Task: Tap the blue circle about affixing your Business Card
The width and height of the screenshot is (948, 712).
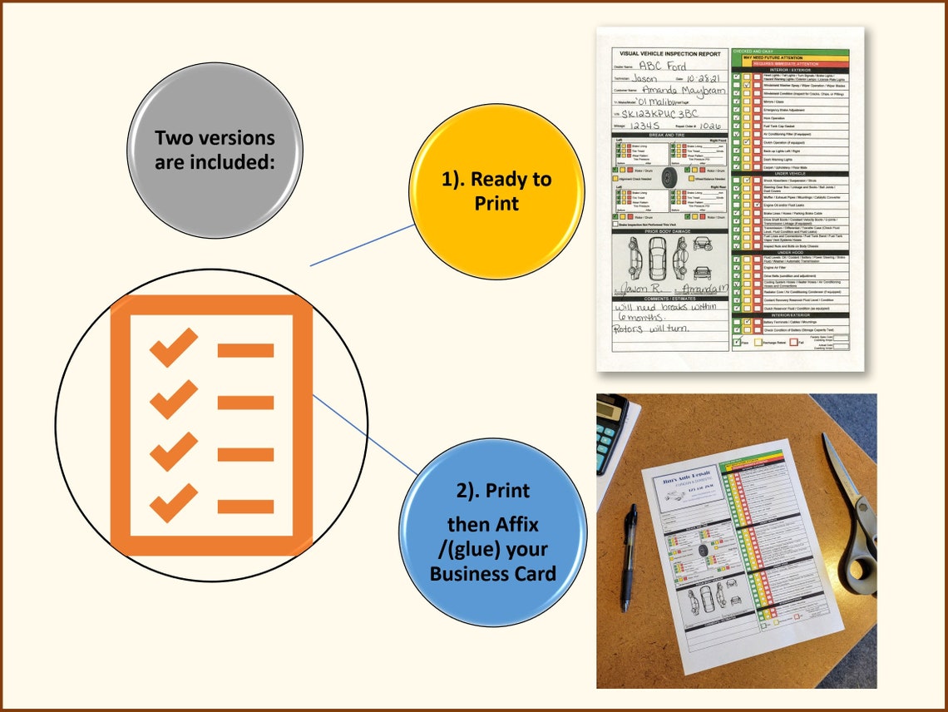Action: click(x=493, y=532)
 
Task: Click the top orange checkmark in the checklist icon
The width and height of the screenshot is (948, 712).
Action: click(x=174, y=347)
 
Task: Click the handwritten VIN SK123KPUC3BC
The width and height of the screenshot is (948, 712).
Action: click(x=663, y=113)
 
